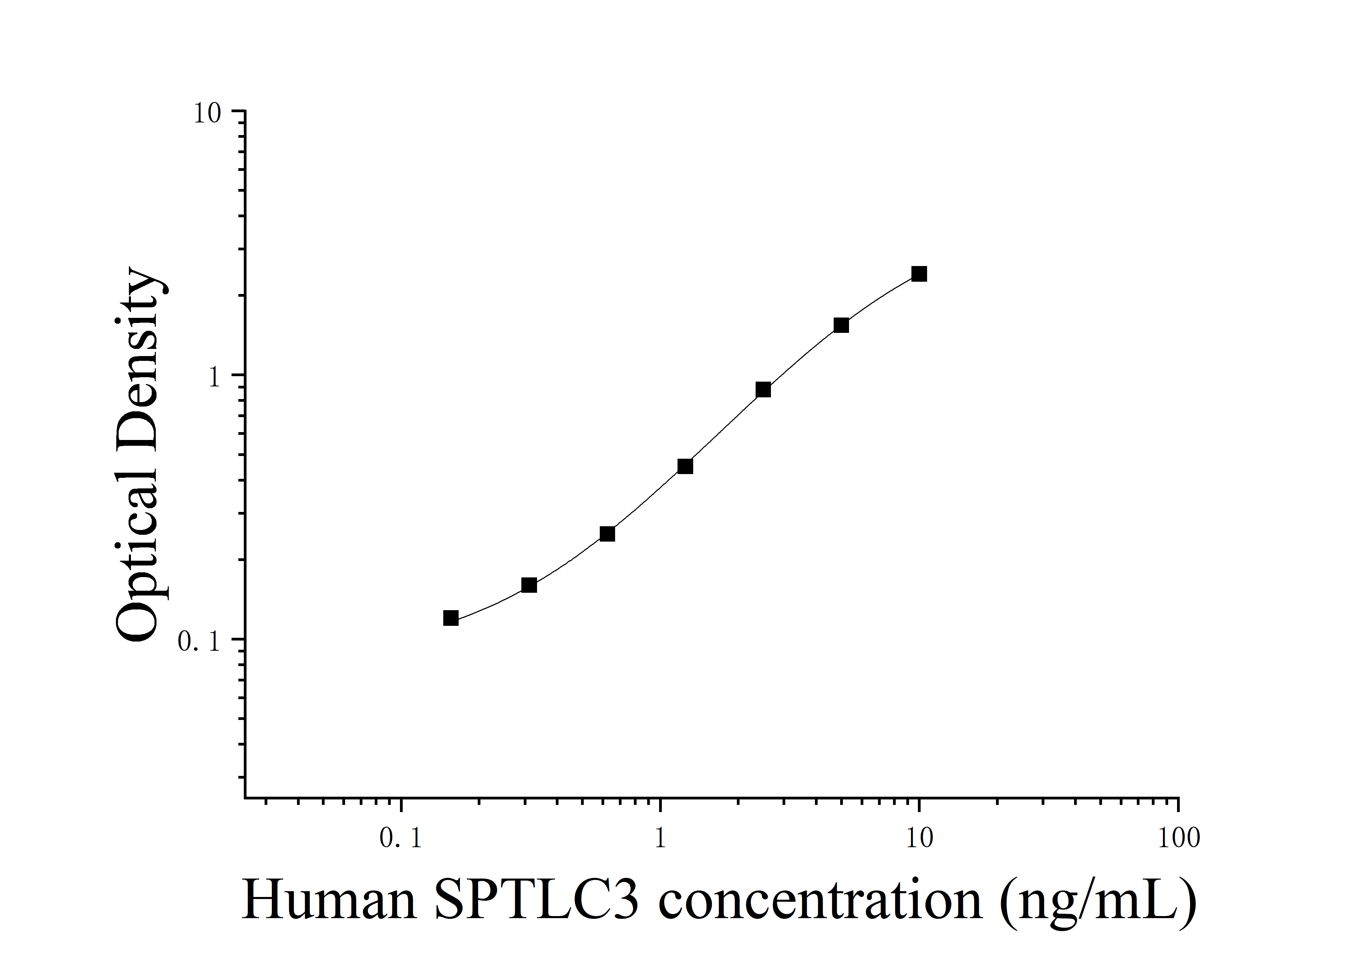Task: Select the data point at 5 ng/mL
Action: click(841, 325)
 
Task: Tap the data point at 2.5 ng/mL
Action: click(763, 390)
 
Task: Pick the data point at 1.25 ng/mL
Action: click(685, 466)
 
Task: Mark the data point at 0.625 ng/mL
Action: click(607, 534)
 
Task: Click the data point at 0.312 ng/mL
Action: click(529, 585)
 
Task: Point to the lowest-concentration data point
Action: click(451, 618)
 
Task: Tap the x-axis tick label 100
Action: click(1178, 839)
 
